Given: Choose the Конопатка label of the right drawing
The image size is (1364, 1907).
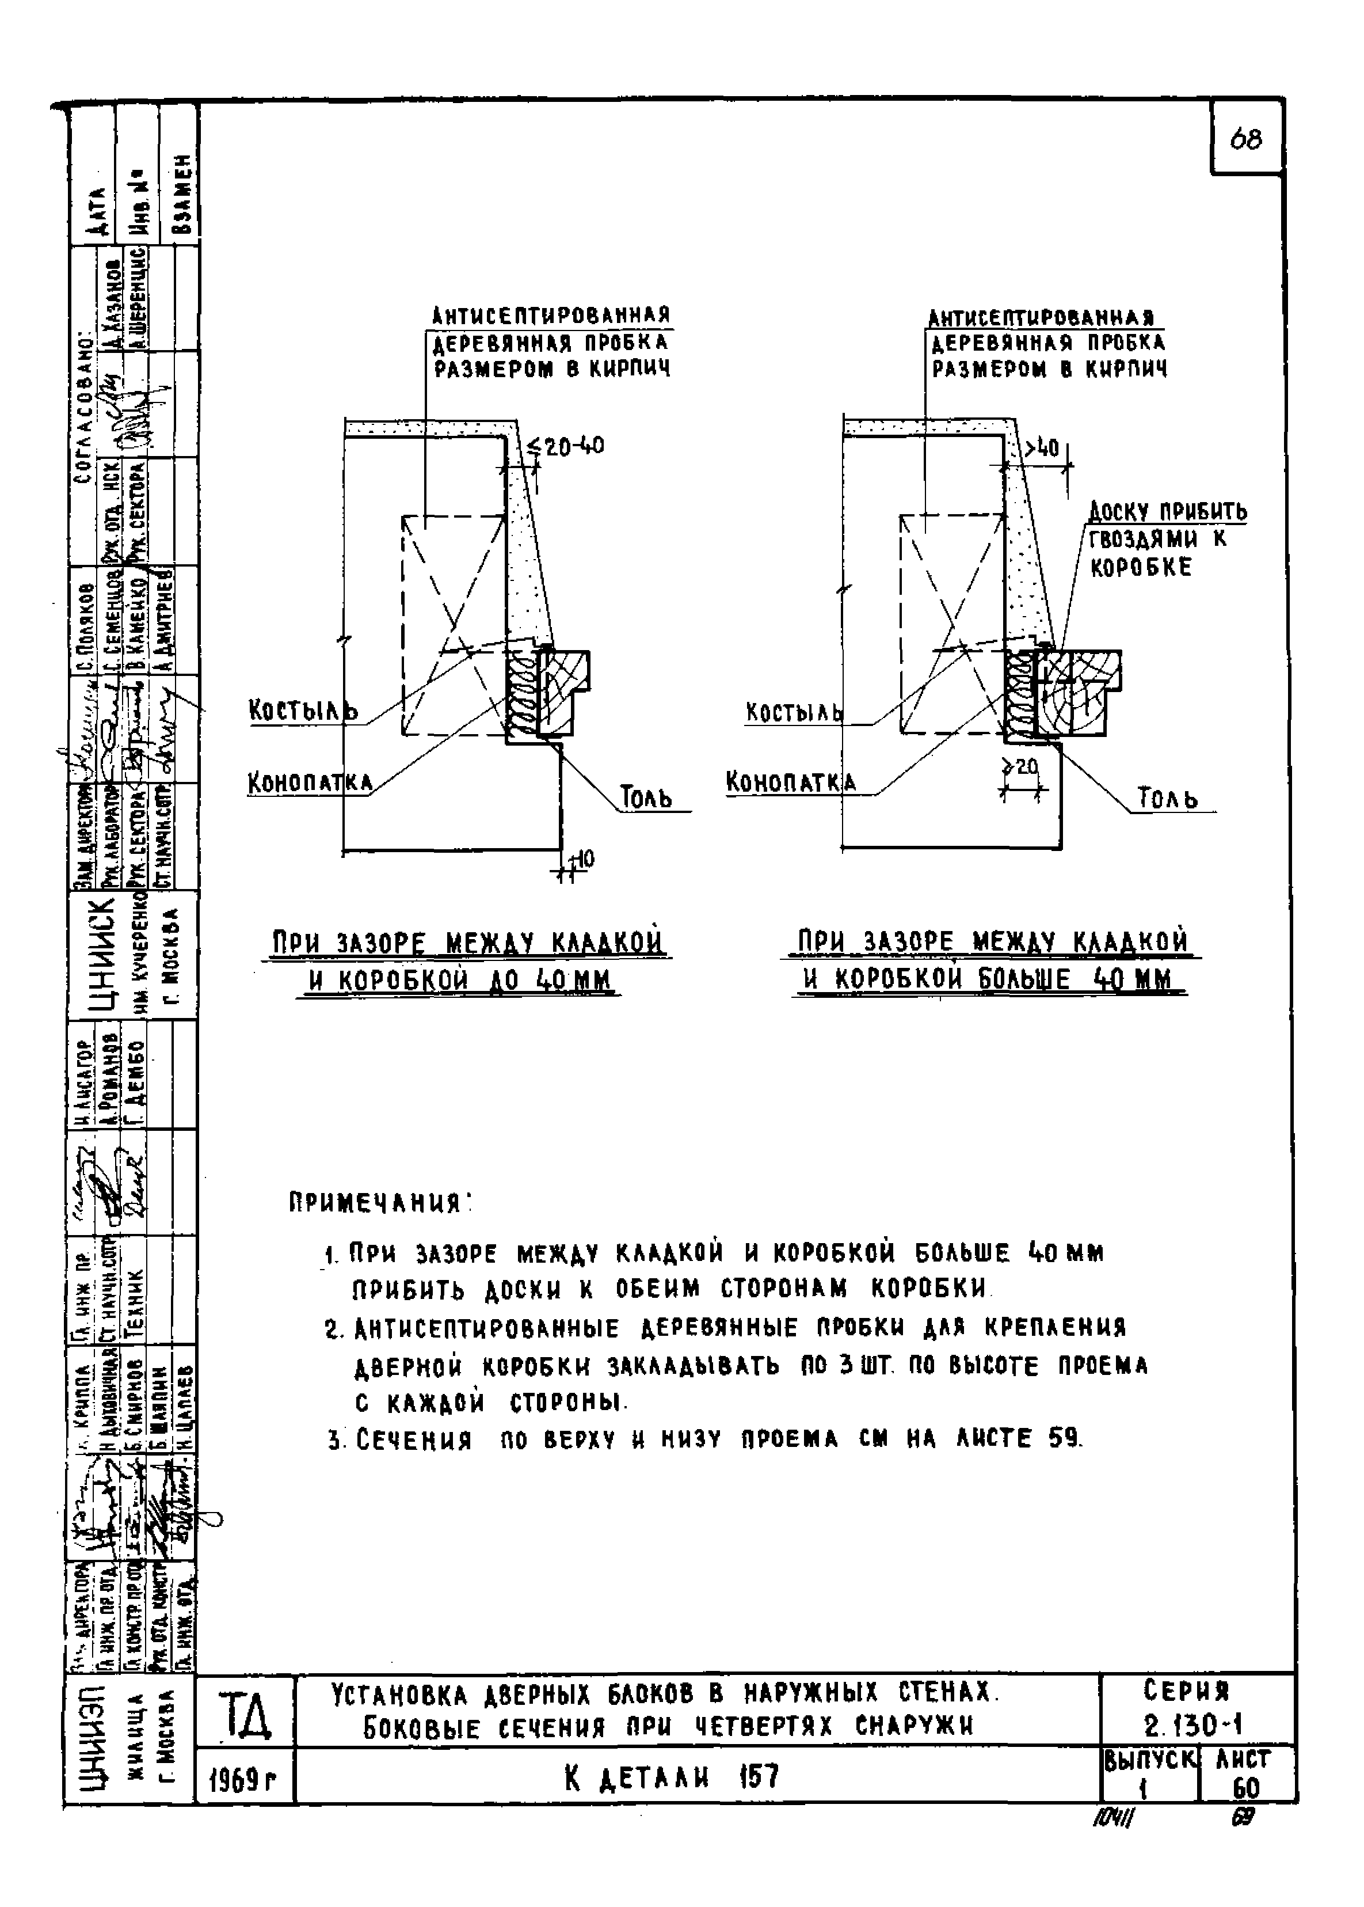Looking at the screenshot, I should [x=790, y=783].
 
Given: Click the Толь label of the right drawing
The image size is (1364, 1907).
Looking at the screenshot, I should [x=1167, y=797].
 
